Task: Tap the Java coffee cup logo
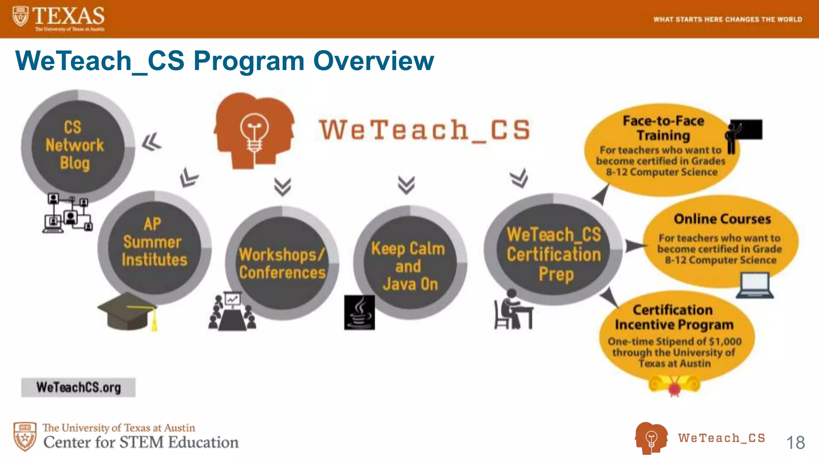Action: click(360, 313)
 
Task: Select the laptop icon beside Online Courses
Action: click(755, 285)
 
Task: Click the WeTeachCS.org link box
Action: click(78, 387)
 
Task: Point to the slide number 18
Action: click(795, 443)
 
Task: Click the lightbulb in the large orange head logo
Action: click(254, 132)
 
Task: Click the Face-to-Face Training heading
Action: click(663, 128)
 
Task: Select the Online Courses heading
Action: click(722, 219)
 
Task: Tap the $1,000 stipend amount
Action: click(725, 341)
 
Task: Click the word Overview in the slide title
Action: click(374, 61)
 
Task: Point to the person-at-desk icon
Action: click(513, 310)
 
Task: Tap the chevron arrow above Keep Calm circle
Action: click(406, 185)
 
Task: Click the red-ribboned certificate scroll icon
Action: click(674, 385)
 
